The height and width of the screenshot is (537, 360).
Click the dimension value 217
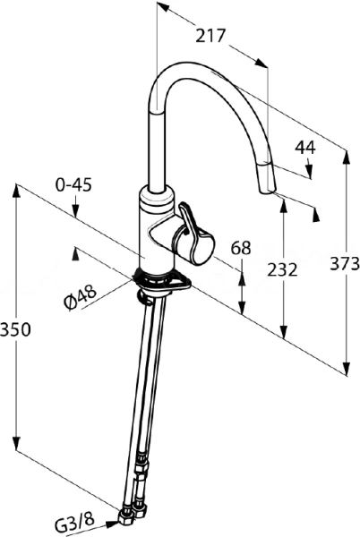click(210, 36)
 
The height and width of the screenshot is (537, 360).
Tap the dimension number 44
click(305, 148)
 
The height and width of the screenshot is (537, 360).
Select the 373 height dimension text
click(345, 264)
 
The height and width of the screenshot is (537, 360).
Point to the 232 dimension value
click(282, 270)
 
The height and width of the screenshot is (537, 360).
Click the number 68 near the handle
click(241, 248)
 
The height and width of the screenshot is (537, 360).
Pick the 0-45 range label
click(73, 185)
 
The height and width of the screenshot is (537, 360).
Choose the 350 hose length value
click(15, 329)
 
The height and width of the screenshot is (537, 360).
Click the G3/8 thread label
click(74, 523)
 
